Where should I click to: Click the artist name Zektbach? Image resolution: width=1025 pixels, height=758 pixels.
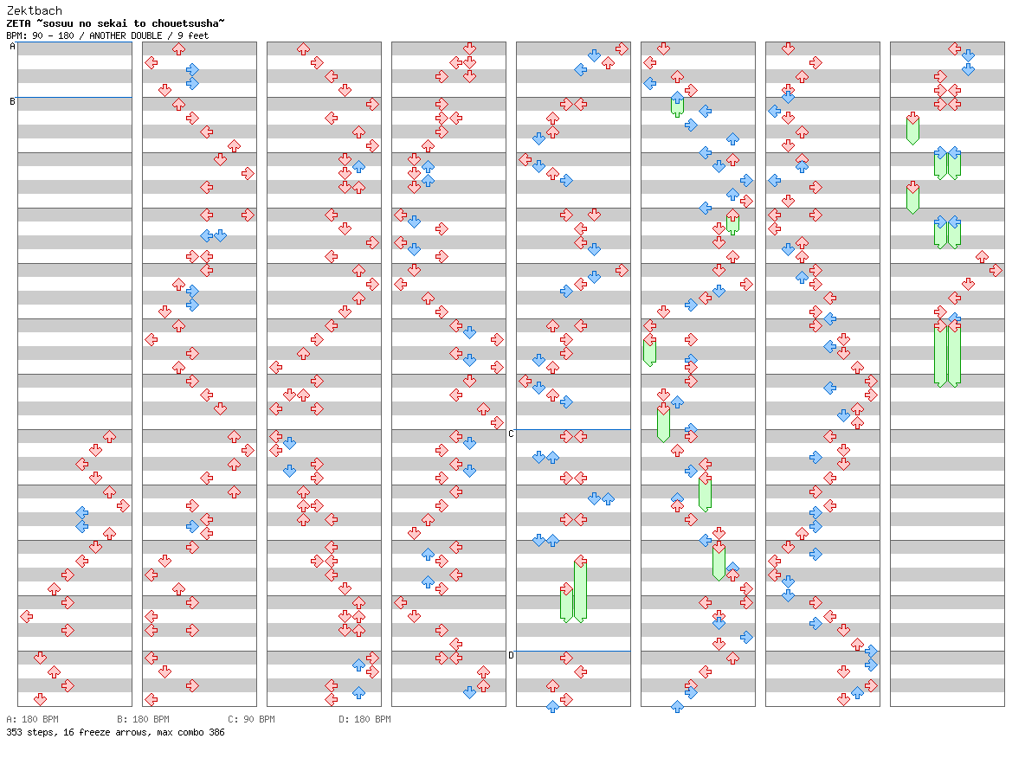pos(34,10)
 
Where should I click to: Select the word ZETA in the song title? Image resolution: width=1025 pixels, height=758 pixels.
pos(18,23)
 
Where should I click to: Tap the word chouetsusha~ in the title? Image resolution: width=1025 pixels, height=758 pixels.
pos(188,23)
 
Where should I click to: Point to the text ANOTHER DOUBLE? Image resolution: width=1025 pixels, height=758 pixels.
pos(126,36)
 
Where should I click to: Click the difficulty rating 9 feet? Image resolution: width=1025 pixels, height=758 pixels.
pos(193,36)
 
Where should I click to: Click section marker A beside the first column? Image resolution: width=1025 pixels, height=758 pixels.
pos(12,47)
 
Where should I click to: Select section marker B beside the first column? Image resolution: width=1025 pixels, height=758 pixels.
pos(12,102)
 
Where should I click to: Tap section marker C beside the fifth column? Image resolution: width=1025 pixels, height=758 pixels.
pos(511,434)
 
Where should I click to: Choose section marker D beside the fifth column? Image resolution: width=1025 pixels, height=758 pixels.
pos(511,655)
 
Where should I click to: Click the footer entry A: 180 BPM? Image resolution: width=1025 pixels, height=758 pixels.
pos(32,719)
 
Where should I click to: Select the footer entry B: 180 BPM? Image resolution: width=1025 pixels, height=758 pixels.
pos(143,719)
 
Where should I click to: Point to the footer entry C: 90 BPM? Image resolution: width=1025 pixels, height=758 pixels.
pos(251,719)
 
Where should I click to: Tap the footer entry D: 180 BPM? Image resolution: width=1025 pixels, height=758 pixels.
pos(364,719)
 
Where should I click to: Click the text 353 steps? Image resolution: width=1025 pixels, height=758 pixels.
pos(29,733)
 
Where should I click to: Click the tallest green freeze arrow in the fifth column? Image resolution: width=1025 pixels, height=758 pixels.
pos(580,589)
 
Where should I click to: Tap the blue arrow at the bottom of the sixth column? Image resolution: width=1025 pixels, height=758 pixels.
pos(677,706)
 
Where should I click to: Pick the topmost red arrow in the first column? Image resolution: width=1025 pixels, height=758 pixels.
pos(109,436)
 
